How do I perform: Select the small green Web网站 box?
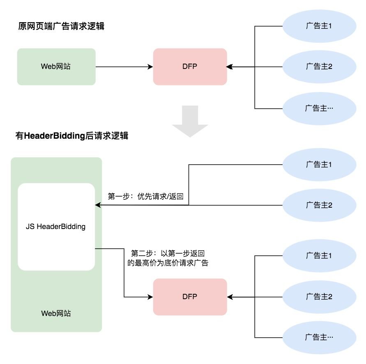click(56, 66)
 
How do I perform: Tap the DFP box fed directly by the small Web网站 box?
click(190, 66)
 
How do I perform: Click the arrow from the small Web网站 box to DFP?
click(123, 66)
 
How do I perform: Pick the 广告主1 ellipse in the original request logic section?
click(319, 26)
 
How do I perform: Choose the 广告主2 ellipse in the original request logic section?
click(319, 66)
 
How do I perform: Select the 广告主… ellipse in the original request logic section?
click(319, 108)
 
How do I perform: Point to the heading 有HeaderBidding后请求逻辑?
click(71, 136)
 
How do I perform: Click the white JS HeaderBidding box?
click(56, 227)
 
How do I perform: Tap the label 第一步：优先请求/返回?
click(145, 197)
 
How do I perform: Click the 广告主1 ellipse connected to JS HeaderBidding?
click(319, 165)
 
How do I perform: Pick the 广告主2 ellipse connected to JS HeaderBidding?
click(319, 205)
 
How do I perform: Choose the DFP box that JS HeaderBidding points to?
click(190, 297)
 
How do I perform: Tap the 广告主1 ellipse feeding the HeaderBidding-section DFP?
click(319, 256)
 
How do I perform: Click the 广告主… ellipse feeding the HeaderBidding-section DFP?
click(319, 337)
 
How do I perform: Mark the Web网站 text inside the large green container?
click(56, 313)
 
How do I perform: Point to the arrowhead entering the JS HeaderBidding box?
click(98, 205)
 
